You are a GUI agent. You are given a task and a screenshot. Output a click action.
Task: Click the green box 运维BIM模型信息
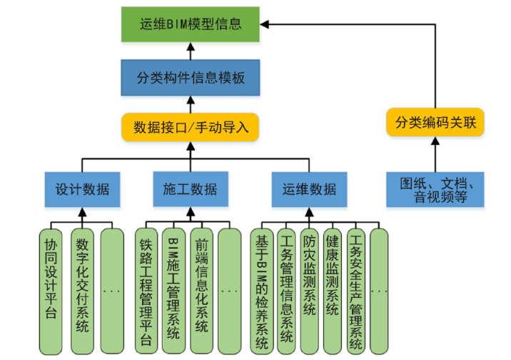[x=190, y=24]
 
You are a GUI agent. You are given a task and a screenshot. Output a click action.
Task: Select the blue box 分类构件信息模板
[x=190, y=78]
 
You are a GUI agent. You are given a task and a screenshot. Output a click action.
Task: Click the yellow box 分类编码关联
[x=435, y=123]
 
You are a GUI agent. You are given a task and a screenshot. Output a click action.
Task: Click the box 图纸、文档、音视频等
[x=435, y=189]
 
